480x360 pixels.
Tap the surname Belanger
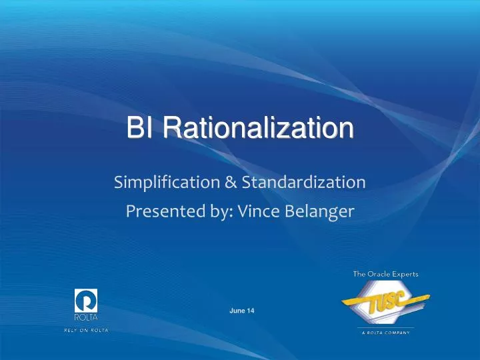point(322,211)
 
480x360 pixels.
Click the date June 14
point(242,311)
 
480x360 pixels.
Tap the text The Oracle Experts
point(381,273)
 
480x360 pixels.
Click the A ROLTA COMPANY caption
point(380,332)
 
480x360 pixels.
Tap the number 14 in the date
point(250,311)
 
